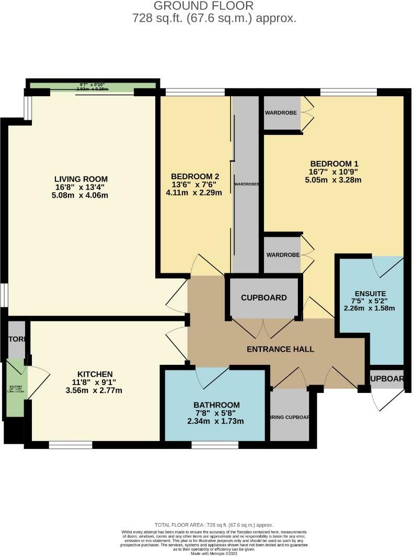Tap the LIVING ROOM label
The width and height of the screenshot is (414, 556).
[x=85, y=179]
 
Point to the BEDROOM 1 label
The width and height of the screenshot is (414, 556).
[x=334, y=163]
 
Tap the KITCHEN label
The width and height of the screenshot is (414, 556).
[x=95, y=374]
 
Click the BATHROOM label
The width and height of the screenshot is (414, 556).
[x=216, y=404]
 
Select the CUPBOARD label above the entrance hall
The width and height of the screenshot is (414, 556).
[x=263, y=298]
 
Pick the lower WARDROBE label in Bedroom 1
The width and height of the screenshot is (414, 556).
[x=282, y=255]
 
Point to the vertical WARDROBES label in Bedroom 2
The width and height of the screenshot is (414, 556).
[x=247, y=184]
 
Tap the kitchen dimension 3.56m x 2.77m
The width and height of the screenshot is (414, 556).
[x=95, y=390]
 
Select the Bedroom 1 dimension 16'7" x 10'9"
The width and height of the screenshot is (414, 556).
[x=334, y=171]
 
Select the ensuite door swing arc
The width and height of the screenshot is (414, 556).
[x=387, y=267]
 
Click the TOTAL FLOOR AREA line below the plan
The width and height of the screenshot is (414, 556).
[x=214, y=524]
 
